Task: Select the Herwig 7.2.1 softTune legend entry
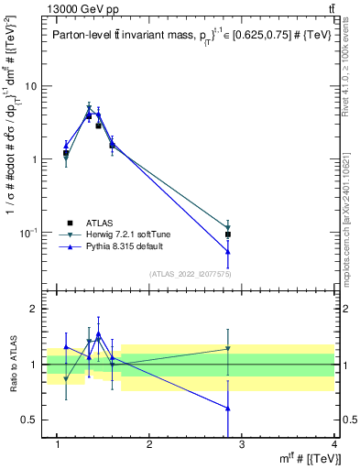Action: tap(127, 234)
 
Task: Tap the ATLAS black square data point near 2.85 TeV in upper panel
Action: tap(227, 234)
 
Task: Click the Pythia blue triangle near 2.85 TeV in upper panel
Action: tap(227, 251)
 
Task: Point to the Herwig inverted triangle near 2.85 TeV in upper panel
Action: tap(227, 227)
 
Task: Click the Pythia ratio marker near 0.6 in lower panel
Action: tap(227, 409)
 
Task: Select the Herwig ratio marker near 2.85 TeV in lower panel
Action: tap(227, 348)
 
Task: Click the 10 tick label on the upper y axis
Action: tap(29, 86)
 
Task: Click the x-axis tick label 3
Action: tap(242, 445)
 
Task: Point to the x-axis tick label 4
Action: tap(335, 445)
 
